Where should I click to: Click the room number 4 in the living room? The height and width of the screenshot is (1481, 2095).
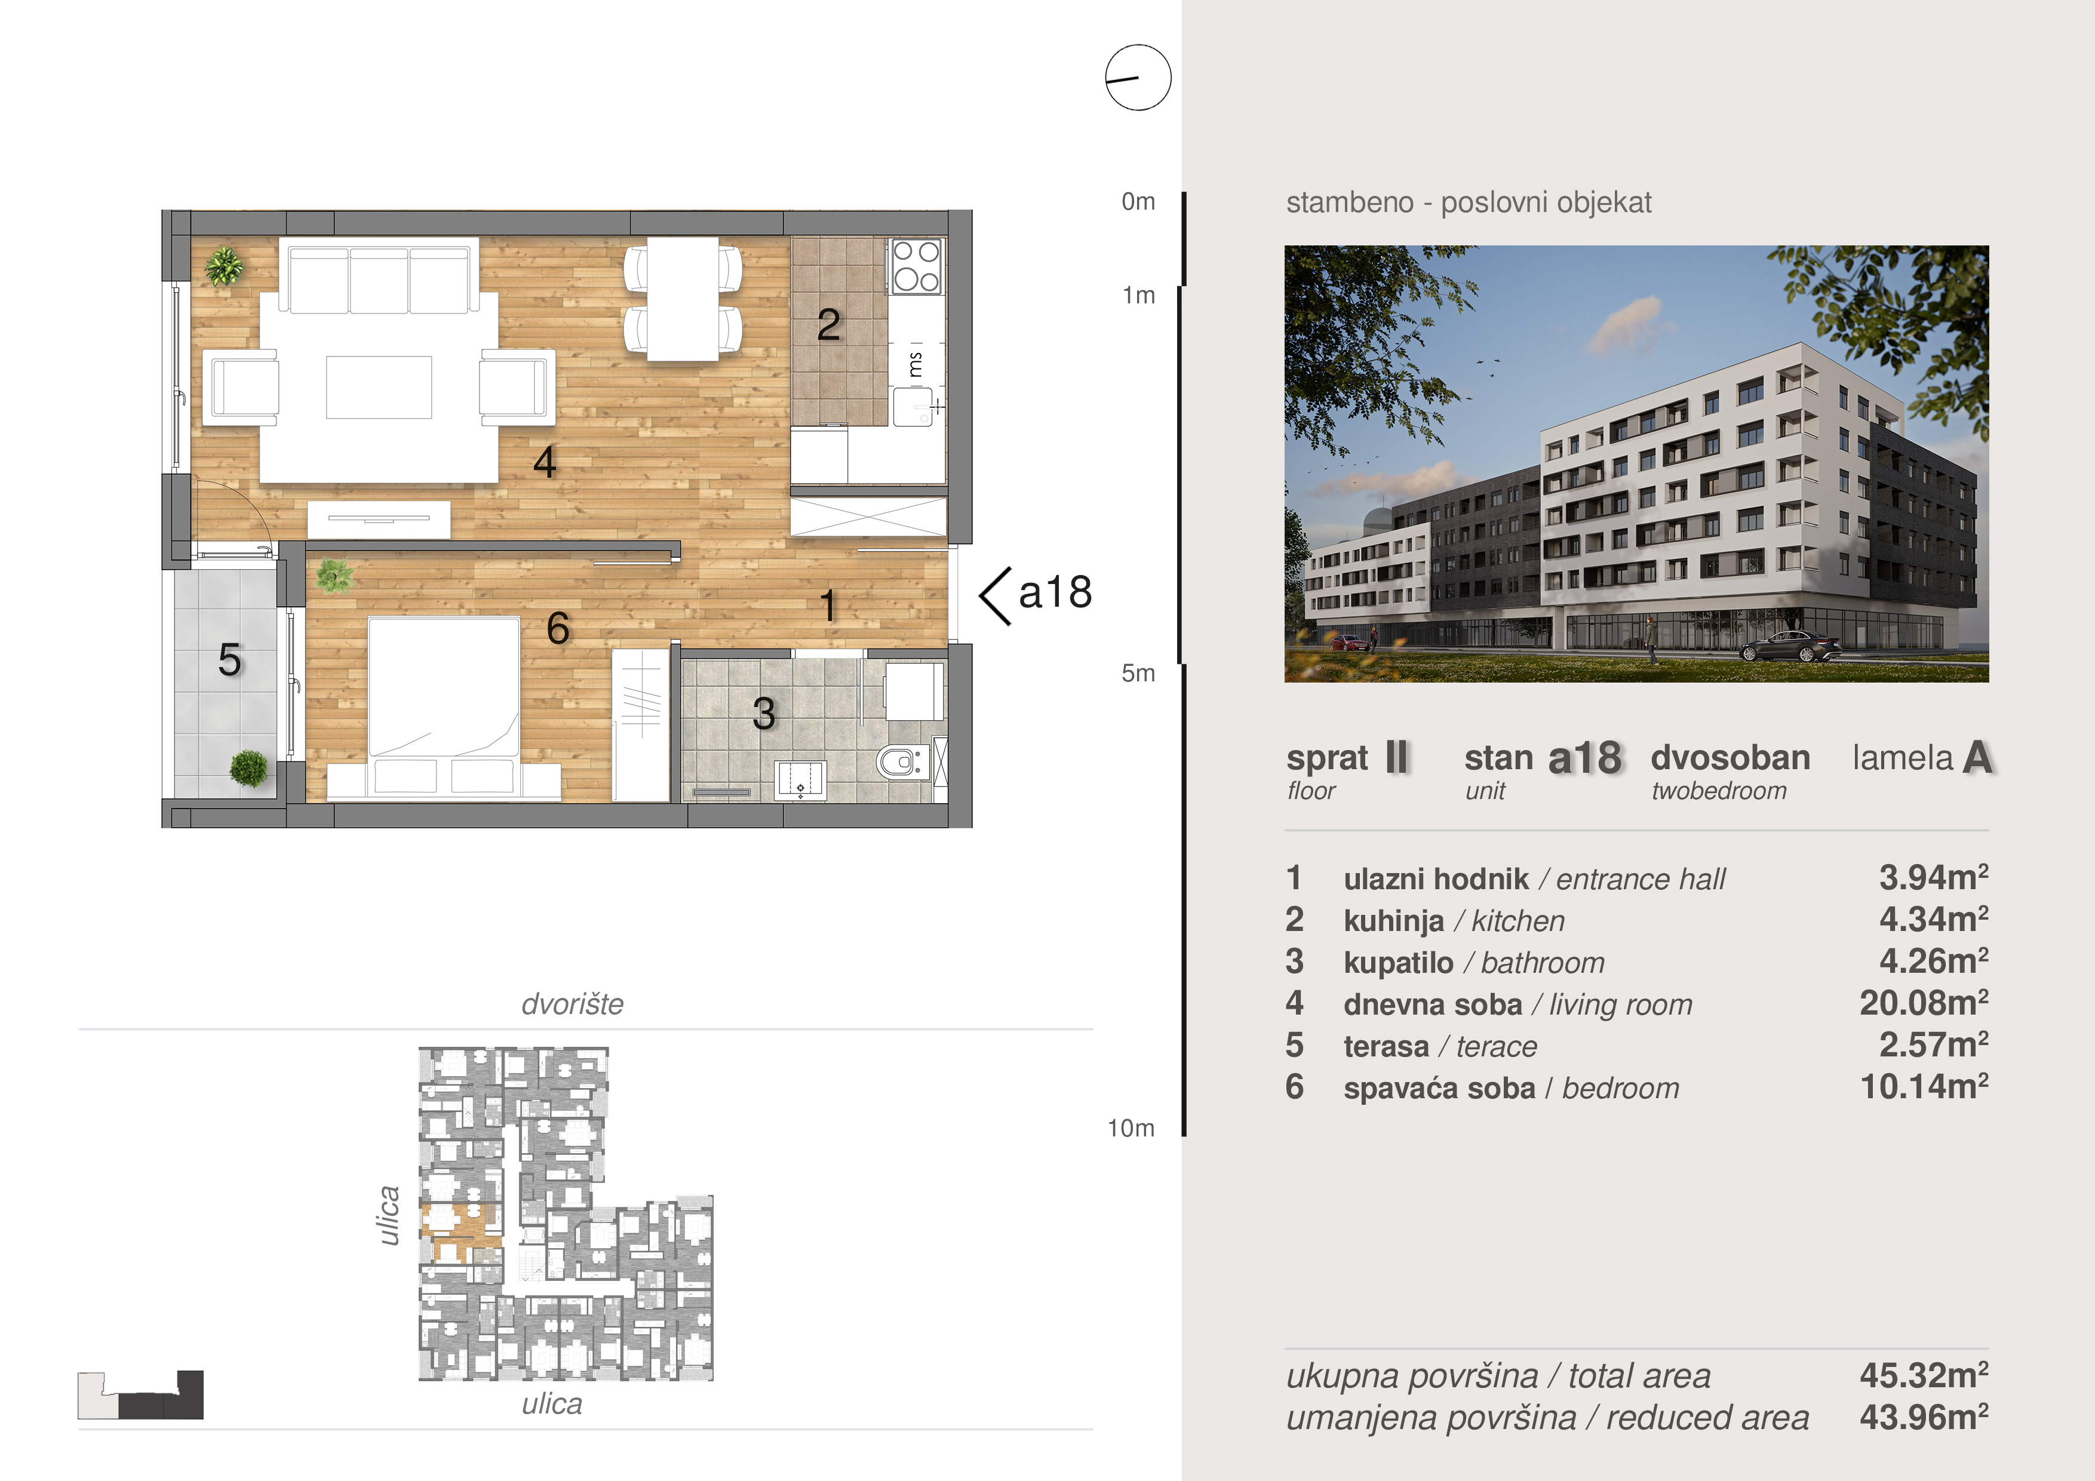(545, 462)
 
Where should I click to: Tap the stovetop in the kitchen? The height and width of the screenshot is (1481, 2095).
(916, 266)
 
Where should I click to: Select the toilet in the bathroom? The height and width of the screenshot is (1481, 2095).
(902, 761)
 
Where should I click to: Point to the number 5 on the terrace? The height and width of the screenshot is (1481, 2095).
(230, 659)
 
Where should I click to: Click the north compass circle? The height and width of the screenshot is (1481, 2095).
(1138, 78)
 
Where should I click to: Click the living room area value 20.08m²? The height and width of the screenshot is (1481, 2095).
(1924, 1003)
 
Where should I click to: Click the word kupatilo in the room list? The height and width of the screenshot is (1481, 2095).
(1398, 963)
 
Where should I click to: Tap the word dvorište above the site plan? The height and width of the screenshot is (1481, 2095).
(572, 1004)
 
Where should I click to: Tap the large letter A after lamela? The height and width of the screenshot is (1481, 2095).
(1977, 757)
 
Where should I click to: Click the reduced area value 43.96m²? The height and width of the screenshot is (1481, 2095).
(1924, 1417)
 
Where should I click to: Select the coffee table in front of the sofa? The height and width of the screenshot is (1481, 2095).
(379, 387)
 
